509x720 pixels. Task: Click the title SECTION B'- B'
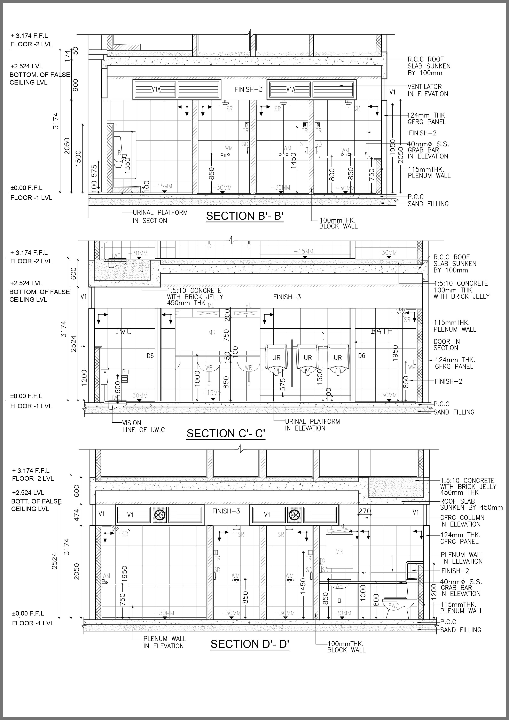[x=245, y=216]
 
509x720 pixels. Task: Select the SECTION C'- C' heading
[x=226, y=433]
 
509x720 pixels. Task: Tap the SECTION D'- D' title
[x=250, y=644]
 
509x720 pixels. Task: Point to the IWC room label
[x=124, y=331]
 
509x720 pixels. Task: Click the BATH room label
[x=382, y=331]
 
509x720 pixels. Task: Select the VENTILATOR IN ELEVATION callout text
[x=428, y=90]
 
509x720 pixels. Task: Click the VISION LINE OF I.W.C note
[x=143, y=426]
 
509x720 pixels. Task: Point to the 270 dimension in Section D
[x=365, y=511]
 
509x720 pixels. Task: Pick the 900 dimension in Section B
[x=75, y=85]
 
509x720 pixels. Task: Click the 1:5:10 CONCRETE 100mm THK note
[x=461, y=290]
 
